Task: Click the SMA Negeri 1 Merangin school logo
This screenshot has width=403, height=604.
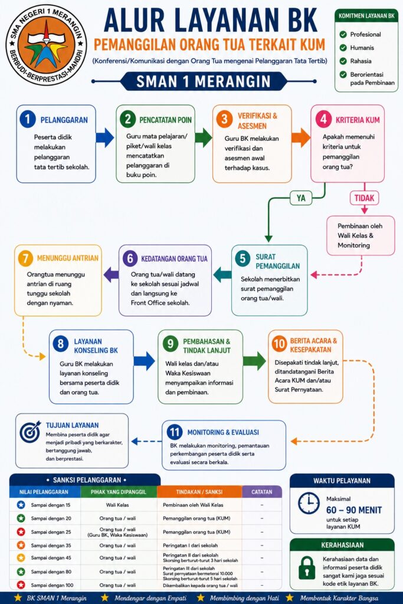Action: tap(46, 45)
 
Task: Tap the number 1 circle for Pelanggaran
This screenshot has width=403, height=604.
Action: tap(27, 119)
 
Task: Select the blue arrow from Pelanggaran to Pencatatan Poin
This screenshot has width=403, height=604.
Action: tap(105, 137)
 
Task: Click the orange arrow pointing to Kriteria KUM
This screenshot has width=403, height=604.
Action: tap(300, 137)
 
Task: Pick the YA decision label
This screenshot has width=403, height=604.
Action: tap(301, 198)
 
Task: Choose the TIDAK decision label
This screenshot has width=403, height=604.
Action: tap(364, 198)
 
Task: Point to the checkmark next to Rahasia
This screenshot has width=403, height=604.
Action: tap(343, 61)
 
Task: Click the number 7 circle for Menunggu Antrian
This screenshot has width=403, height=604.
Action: tap(25, 258)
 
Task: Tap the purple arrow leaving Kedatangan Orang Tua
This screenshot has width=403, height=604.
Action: tap(111, 274)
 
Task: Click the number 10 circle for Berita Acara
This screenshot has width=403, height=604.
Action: tap(279, 343)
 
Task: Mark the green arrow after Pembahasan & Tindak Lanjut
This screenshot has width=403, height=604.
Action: tap(254, 361)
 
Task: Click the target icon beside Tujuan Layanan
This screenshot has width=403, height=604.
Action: tap(30, 431)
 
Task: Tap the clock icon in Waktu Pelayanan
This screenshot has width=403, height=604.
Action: tap(309, 504)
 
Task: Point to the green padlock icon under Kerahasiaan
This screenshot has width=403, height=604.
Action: tap(307, 567)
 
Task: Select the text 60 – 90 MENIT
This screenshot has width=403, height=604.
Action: tap(353, 510)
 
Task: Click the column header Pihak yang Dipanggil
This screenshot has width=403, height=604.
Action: tap(118, 492)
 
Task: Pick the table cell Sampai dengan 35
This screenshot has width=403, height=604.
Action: tap(51, 546)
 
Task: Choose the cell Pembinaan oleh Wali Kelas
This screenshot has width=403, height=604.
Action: tap(193, 505)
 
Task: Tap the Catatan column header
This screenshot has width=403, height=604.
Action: tap(261, 492)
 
